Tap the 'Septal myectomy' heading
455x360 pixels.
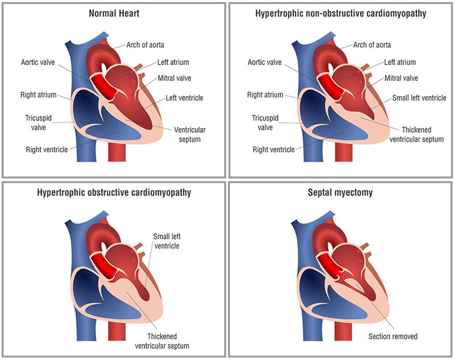coord(341,192)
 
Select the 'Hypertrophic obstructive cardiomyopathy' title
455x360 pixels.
coord(114,192)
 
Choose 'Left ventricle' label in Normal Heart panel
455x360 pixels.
coord(184,98)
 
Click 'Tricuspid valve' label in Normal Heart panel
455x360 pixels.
coord(40,123)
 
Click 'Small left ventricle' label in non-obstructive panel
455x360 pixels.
coord(420,98)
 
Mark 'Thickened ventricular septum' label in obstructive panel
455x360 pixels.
coord(168,340)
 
